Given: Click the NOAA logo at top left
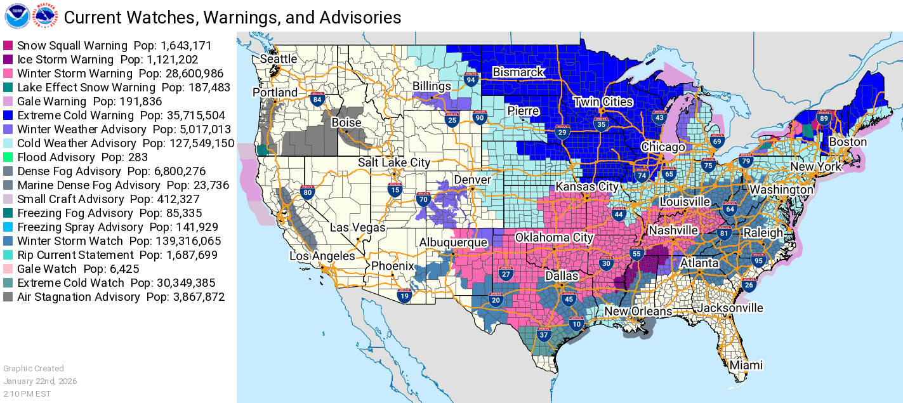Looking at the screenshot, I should coord(16,16).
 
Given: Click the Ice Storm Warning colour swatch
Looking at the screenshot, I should coord(9,60).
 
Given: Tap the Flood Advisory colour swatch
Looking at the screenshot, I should coord(9,157).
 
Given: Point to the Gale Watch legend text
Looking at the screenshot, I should coord(47,269).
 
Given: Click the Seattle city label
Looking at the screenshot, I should coord(278,59).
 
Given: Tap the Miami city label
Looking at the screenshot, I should coord(746,366).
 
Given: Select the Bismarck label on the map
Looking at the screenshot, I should coord(518,72).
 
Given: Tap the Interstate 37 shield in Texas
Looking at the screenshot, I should coord(543,334).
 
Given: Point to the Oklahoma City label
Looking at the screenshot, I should coord(554,238).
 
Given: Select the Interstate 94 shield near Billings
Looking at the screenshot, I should coord(470,79).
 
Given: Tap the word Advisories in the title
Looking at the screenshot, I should coord(357,17).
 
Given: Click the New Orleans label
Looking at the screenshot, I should coord(637,312).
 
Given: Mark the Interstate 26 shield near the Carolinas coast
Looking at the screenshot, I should coord(749,285).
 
